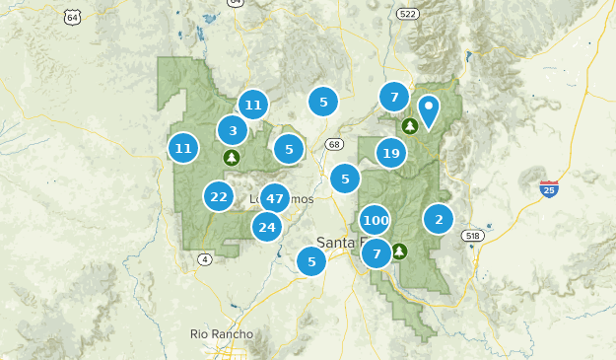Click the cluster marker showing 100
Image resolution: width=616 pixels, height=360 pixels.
click(375, 220)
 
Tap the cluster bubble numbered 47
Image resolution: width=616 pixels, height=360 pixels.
click(274, 198)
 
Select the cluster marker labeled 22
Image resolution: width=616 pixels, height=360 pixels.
click(219, 197)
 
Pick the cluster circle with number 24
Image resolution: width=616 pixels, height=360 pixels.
click(266, 228)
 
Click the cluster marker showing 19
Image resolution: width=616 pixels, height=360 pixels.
click(391, 153)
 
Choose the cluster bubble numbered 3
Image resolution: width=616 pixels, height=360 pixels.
click(233, 130)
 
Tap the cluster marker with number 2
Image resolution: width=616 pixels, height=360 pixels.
click(439, 219)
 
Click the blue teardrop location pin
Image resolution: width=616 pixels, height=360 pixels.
click(429, 110)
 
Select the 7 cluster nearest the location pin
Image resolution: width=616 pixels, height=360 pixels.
click(394, 97)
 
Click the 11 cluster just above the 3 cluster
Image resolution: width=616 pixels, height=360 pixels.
click(253, 105)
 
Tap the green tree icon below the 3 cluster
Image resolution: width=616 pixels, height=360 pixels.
click(232, 157)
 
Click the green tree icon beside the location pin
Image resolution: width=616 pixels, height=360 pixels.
click(409, 125)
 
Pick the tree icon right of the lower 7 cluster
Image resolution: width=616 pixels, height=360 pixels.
click(399, 251)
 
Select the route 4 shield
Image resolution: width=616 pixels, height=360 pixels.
click(204, 259)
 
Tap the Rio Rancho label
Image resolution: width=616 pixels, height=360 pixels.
click(222, 334)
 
